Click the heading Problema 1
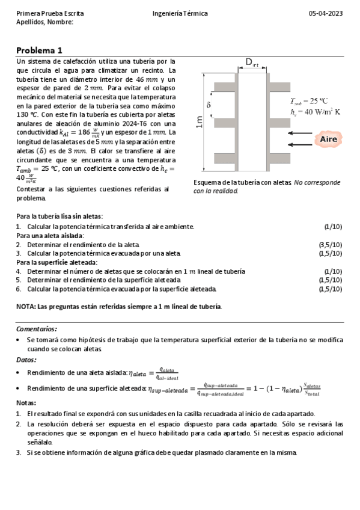39,51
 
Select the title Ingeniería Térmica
180,13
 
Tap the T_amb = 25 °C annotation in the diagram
308,101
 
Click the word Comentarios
37,329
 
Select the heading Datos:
27,360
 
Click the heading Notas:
26,403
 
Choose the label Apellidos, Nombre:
44,22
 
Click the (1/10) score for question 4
333,271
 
